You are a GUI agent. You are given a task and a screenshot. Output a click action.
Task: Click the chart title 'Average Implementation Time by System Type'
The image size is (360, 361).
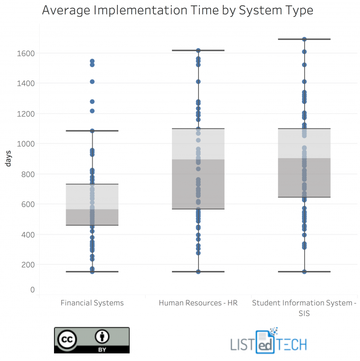click(177, 10)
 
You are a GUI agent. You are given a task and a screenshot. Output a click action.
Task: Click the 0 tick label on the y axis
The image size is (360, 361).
click(32, 290)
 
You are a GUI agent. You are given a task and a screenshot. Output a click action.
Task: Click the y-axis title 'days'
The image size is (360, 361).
click(8, 160)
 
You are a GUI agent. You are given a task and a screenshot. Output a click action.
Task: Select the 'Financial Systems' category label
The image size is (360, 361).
click(92, 303)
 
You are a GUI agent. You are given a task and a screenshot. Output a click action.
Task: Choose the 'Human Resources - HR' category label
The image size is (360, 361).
click(198, 303)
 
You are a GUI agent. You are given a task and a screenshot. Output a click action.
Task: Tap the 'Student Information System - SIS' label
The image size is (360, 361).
click(304, 308)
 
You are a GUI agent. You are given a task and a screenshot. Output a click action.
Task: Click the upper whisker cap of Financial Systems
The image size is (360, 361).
click(92, 131)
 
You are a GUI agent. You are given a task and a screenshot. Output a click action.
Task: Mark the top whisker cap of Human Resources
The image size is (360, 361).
click(198, 50)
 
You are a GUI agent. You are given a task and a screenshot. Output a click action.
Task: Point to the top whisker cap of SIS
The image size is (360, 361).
click(304, 39)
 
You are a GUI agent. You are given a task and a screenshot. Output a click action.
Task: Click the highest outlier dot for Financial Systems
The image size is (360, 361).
click(92, 61)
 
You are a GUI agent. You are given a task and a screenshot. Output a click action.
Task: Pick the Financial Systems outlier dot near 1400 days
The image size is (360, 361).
click(92, 82)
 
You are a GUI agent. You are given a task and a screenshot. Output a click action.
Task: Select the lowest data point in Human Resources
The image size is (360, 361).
click(198, 272)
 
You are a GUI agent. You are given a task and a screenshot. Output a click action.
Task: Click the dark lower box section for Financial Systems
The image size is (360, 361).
click(92, 217)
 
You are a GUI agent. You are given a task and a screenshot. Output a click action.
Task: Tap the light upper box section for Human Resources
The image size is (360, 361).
click(198, 144)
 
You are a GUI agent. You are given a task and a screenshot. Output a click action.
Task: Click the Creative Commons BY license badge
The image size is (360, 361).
click(92, 340)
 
